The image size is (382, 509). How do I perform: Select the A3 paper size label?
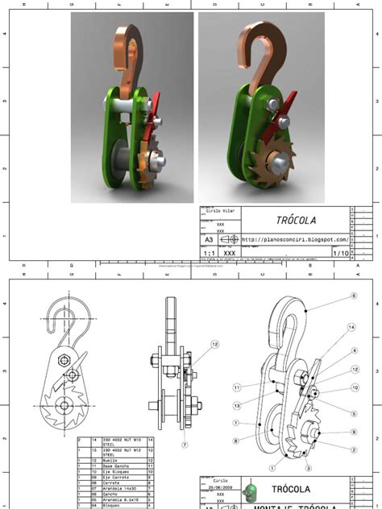pos(210,239)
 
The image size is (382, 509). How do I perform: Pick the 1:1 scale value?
pos(209,252)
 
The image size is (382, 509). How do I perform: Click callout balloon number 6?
pos(353,296)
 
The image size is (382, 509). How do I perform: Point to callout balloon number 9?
pos(352,432)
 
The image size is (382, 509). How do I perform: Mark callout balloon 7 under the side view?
pos(185,445)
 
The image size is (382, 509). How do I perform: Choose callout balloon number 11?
pos(238,387)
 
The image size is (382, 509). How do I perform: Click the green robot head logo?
pos(252,491)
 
